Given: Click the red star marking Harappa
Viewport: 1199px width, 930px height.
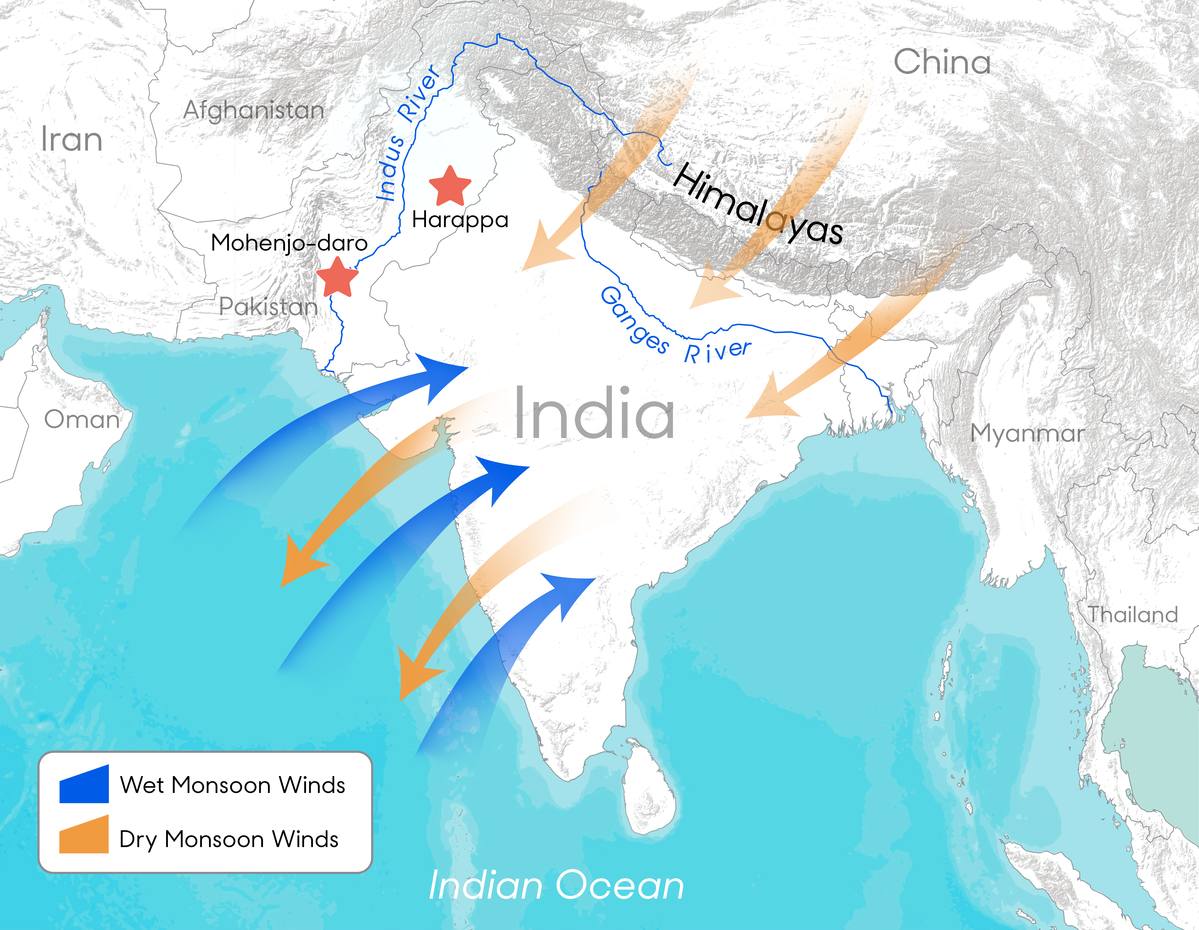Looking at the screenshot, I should tap(450, 187).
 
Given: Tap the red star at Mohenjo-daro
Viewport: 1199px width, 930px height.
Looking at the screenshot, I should tap(337, 277).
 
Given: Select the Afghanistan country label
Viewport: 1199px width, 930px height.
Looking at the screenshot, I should tap(254, 110).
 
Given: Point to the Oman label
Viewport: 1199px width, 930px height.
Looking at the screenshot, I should tap(82, 420).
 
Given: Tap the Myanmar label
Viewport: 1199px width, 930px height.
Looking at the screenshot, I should tap(1027, 433).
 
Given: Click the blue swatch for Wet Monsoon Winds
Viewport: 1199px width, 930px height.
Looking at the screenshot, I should tap(84, 784).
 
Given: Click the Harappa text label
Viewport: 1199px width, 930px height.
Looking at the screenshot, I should tap(460, 220).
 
